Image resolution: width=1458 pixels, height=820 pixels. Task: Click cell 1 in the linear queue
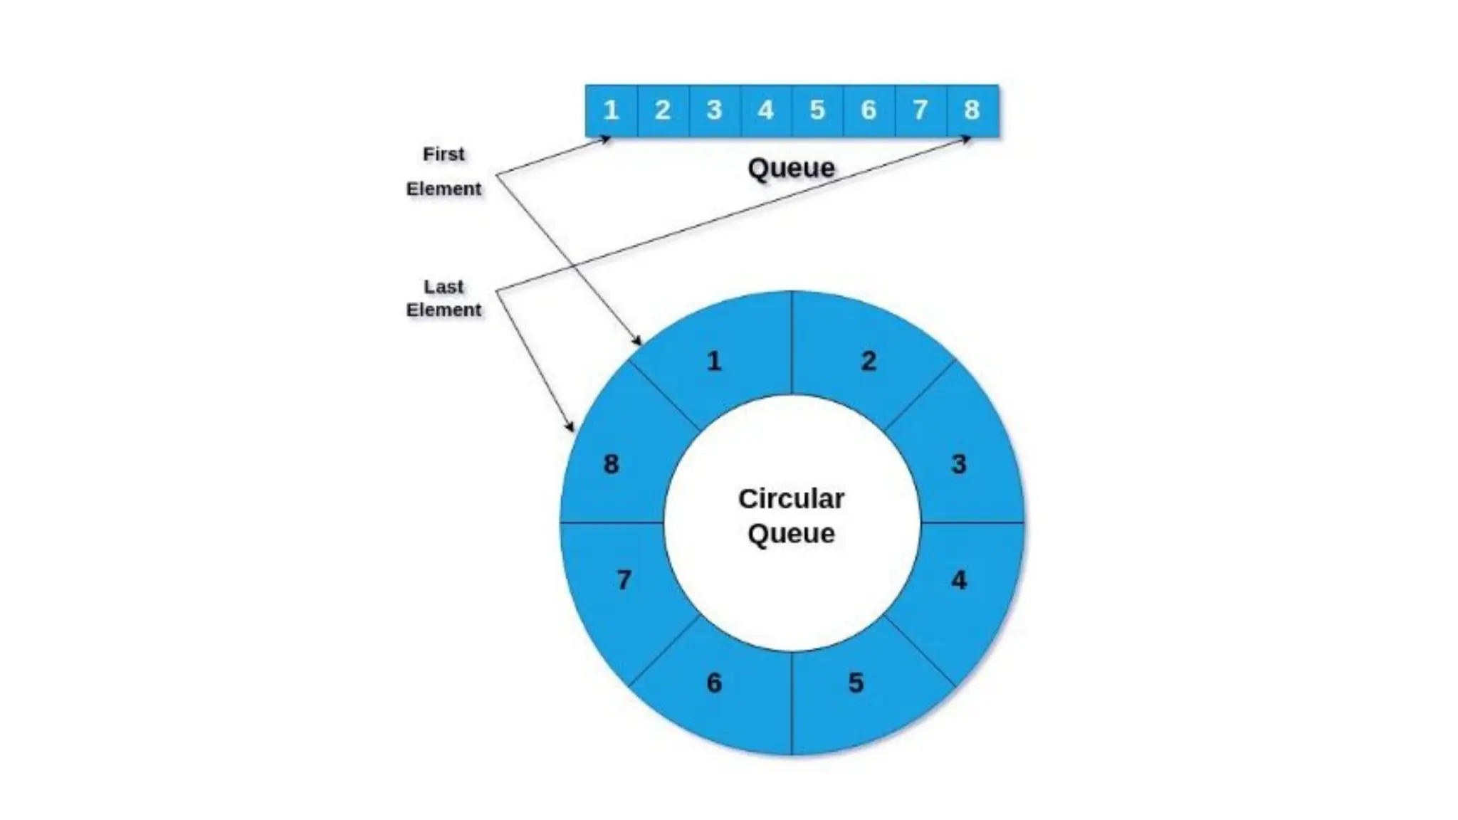pyautogui.click(x=611, y=110)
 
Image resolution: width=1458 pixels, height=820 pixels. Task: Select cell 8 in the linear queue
pyautogui.click(x=972, y=110)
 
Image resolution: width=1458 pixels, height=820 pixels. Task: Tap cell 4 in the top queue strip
pyautogui.click(x=766, y=110)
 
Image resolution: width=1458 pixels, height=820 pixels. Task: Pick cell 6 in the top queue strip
pyautogui.click(x=869, y=110)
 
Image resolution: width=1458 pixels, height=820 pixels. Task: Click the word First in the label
pyautogui.click(x=444, y=154)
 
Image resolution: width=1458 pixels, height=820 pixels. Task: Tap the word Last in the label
pyautogui.click(x=444, y=287)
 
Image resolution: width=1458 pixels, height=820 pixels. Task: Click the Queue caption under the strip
pyautogui.click(x=791, y=169)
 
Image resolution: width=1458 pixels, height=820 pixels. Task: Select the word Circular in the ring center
pyautogui.click(x=791, y=499)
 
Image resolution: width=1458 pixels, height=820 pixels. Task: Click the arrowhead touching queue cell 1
pyautogui.click(x=606, y=140)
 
